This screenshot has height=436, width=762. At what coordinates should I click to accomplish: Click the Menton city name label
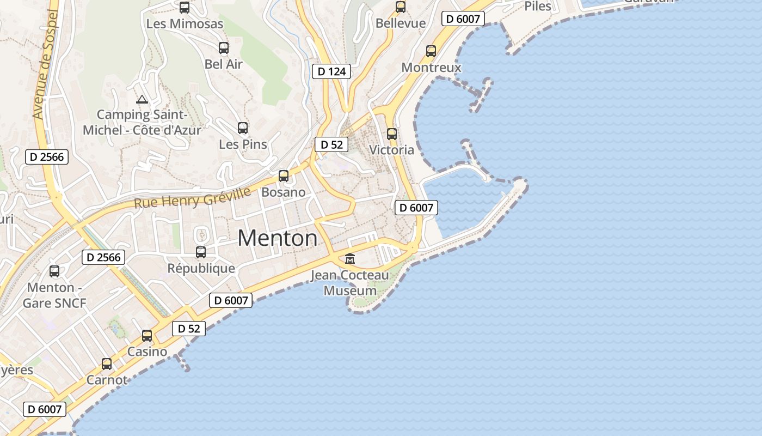click(x=278, y=238)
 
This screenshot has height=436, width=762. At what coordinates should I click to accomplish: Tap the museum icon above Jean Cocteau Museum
click(x=350, y=258)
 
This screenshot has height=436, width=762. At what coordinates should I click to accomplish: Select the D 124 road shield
click(x=331, y=71)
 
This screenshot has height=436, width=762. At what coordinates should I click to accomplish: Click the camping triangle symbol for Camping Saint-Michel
click(x=142, y=100)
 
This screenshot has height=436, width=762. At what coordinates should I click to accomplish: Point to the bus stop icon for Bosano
click(x=284, y=176)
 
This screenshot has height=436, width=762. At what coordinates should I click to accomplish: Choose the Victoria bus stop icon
click(x=391, y=134)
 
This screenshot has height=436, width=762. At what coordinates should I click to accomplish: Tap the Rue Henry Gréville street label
click(x=192, y=198)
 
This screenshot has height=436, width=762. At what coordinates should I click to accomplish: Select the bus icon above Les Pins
click(x=243, y=128)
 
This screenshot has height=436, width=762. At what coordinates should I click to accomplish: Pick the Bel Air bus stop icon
click(x=224, y=48)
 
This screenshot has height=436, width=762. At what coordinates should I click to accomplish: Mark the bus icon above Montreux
click(x=431, y=51)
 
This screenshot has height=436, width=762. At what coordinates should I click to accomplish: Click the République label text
click(x=201, y=269)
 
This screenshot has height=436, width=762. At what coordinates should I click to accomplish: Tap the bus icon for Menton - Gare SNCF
click(x=54, y=271)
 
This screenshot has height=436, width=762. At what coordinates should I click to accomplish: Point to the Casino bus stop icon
click(x=147, y=336)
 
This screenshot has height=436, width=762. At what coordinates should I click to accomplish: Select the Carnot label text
click(x=107, y=380)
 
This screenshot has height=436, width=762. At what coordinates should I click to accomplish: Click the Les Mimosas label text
click(x=185, y=24)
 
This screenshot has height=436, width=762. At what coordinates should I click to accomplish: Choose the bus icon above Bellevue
click(x=401, y=7)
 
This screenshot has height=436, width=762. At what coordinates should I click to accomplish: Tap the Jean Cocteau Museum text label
click(x=350, y=283)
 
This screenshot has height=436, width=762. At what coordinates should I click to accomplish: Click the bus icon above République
click(x=201, y=252)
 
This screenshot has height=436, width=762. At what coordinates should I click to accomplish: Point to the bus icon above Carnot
click(x=107, y=364)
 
